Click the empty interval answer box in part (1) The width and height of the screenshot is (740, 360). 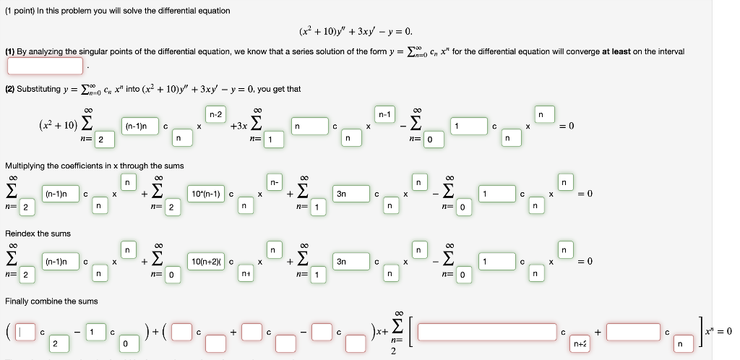46,66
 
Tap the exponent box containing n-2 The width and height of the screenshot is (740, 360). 216,114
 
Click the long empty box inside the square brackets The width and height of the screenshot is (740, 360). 487,332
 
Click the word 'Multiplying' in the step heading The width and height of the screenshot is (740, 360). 25,166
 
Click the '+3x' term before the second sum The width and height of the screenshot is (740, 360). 238,127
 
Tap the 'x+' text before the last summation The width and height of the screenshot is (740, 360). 378,332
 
